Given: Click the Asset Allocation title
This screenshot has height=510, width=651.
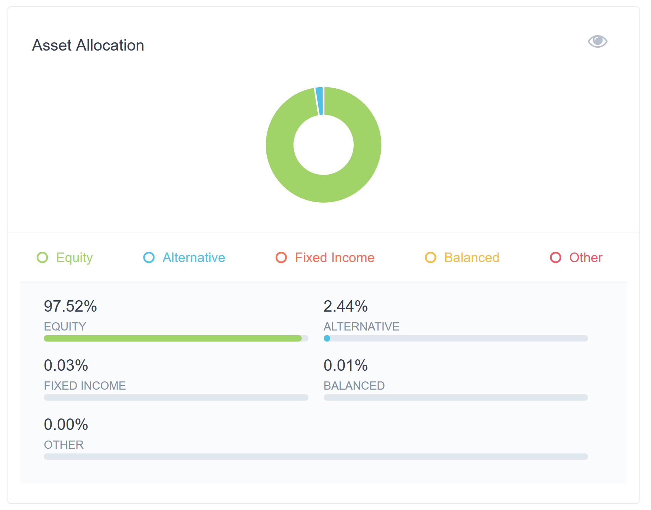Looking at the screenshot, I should point(88,46).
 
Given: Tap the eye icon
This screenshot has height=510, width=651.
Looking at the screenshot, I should point(597,41).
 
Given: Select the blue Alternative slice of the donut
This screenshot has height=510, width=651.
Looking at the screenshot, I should point(319,101).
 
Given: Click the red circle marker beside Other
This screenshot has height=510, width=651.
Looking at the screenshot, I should point(556,257).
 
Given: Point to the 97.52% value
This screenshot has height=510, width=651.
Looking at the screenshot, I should point(70,306).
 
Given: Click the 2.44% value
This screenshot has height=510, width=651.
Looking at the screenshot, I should point(345,306).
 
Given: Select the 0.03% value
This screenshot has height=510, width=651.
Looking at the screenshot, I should point(66,365).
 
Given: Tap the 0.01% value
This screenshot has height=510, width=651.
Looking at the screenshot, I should point(345,365).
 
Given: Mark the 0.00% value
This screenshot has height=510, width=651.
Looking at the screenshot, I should point(66,425).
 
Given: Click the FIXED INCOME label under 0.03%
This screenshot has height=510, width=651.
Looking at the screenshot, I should point(85,386).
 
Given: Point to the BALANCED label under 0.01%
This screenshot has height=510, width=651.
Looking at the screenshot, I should point(354,386).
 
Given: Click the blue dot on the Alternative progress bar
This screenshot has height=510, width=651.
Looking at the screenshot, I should point(327,338).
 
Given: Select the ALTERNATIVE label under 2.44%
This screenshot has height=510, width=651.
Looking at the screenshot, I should point(361,327).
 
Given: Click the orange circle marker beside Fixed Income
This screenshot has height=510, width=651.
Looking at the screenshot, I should point(281,257).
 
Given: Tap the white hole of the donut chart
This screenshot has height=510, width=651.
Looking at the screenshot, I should point(323,145).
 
